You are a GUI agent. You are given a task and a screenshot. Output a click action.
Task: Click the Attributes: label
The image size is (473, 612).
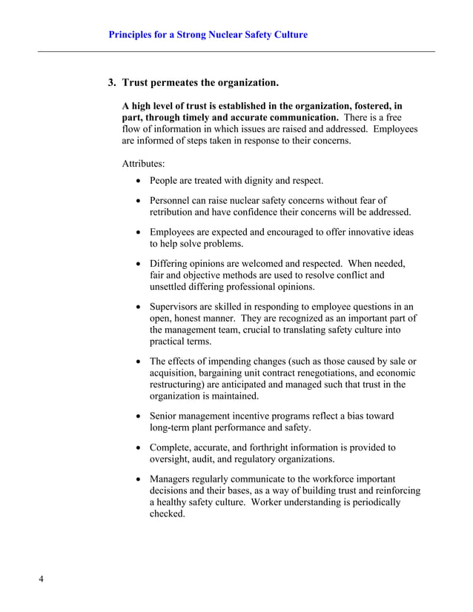(x=143, y=162)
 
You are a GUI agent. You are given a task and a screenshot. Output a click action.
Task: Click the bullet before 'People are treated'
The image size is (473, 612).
(x=139, y=181)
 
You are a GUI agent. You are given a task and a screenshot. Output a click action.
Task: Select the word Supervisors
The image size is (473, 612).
(x=176, y=307)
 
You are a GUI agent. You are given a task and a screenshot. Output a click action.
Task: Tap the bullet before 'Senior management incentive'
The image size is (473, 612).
(x=139, y=416)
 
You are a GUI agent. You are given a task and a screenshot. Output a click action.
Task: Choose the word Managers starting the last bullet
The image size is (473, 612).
(x=172, y=479)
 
